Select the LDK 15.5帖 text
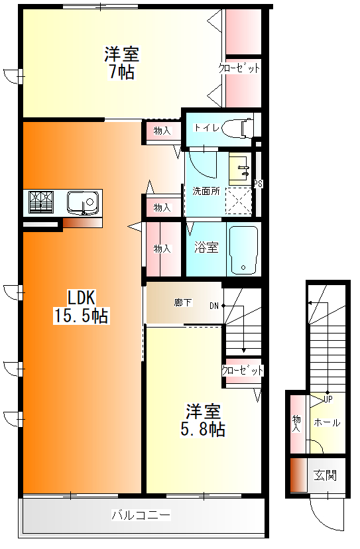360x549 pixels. pos(81,306)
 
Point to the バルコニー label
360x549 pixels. pos(141,515)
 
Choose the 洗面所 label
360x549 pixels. pos(204,191)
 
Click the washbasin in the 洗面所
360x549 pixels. pos(238,169)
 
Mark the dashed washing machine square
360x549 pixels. pos(239,200)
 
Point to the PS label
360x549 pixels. pos(258,184)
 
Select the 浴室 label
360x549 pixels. pos(206,248)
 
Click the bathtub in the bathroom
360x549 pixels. pos(243,249)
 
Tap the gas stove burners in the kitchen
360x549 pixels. pos(40,202)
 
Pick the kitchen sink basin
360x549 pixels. pos(82,200)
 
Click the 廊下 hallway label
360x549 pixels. pos(183,303)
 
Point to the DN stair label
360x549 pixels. pos(214,306)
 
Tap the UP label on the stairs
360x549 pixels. pos(328,398)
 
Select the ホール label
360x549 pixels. pos(327,422)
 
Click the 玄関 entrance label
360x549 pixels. pos(325,475)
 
